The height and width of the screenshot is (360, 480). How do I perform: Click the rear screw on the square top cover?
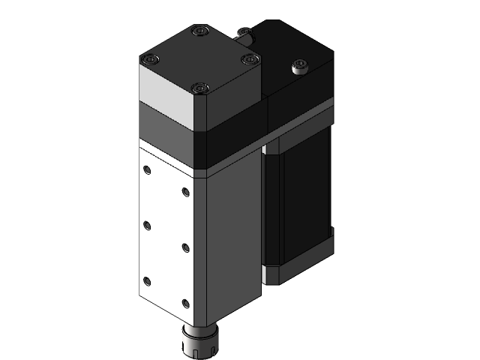[x=198, y=31]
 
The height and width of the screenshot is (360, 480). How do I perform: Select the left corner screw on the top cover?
[x=151, y=59]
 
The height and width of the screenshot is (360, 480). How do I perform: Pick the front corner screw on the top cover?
[x=199, y=88]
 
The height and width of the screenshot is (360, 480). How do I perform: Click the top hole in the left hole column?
[x=147, y=170]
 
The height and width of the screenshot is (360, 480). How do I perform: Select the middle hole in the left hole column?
[x=147, y=225]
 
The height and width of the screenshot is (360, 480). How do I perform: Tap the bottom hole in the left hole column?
[x=147, y=281]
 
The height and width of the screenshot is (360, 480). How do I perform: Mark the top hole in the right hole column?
[x=185, y=191]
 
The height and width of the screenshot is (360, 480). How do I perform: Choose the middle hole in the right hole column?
[x=185, y=247]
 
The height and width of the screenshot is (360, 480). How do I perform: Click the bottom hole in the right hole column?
[x=185, y=303]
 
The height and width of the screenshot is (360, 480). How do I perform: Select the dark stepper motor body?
[x=300, y=202]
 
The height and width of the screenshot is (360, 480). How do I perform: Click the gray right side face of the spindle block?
[x=232, y=240]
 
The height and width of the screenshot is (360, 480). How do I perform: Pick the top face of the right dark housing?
[x=292, y=49]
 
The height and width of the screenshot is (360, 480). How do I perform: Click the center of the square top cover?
[x=199, y=60]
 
